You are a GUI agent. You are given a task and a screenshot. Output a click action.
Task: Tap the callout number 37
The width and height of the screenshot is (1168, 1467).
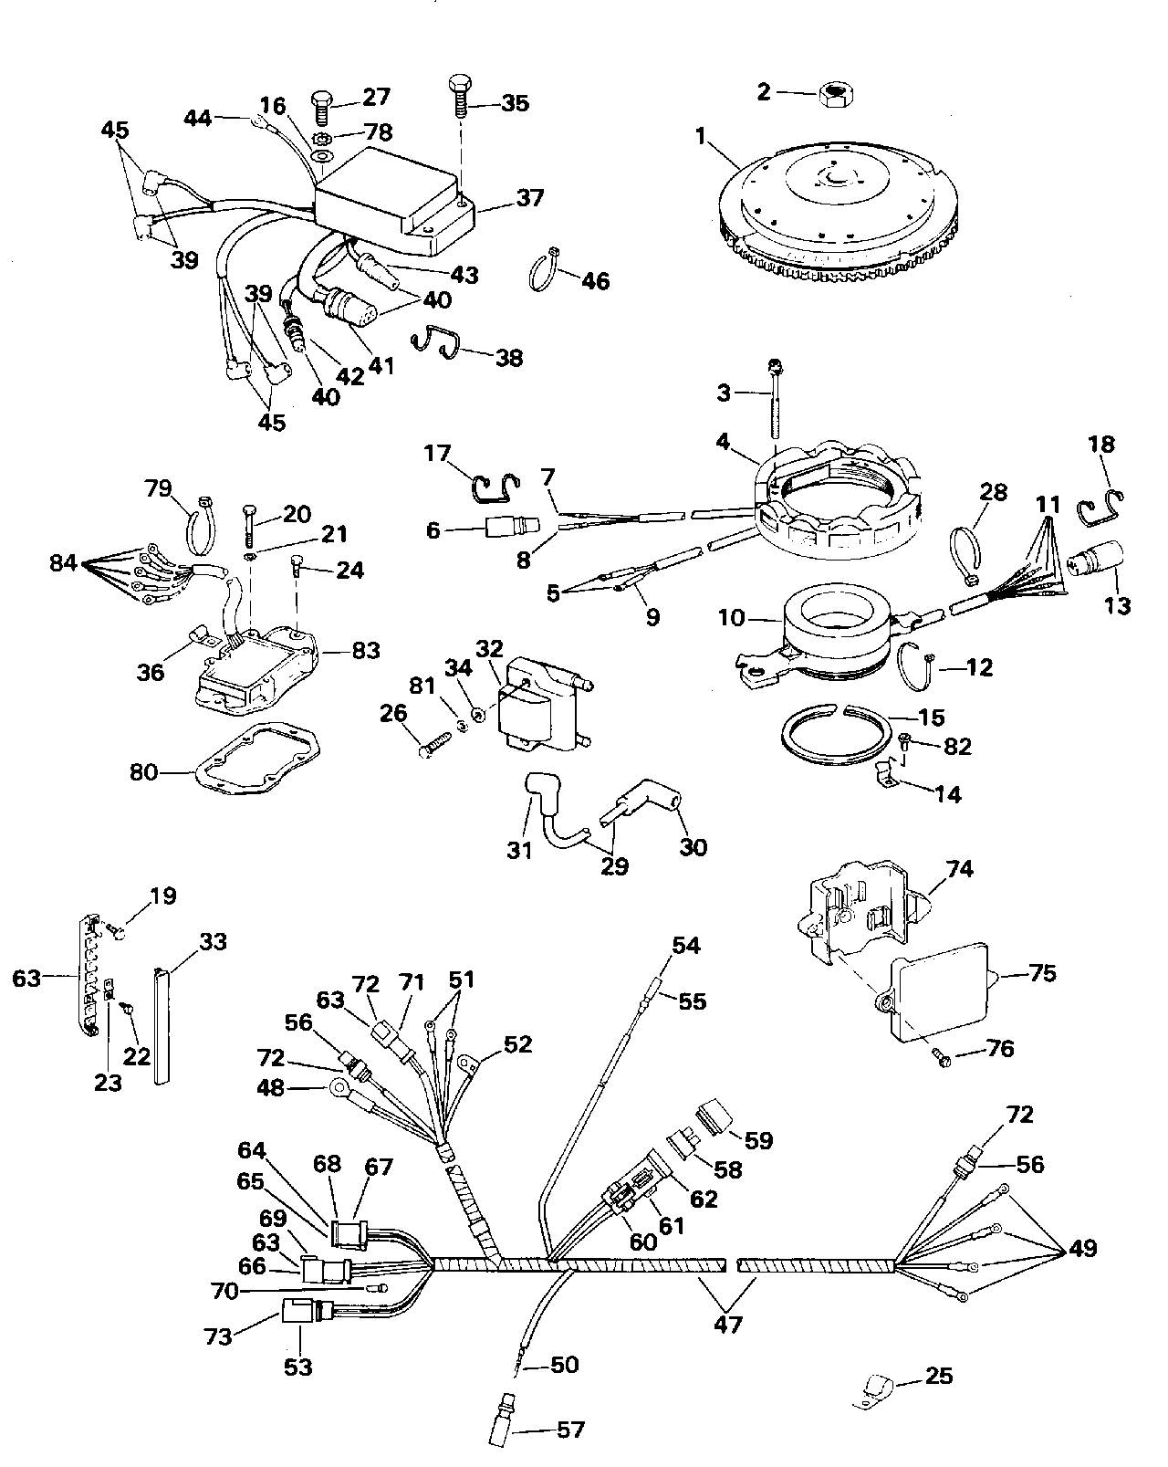[529, 198]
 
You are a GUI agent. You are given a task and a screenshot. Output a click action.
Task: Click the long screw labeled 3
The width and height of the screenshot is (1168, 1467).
[777, 398]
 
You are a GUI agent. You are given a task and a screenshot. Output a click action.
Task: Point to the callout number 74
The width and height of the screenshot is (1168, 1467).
[959, 868]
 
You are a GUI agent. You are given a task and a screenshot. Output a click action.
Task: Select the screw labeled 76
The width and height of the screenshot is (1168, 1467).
[944, 1059]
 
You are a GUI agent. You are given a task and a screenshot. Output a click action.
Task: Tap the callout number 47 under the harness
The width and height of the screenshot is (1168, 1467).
[727, 1324]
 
